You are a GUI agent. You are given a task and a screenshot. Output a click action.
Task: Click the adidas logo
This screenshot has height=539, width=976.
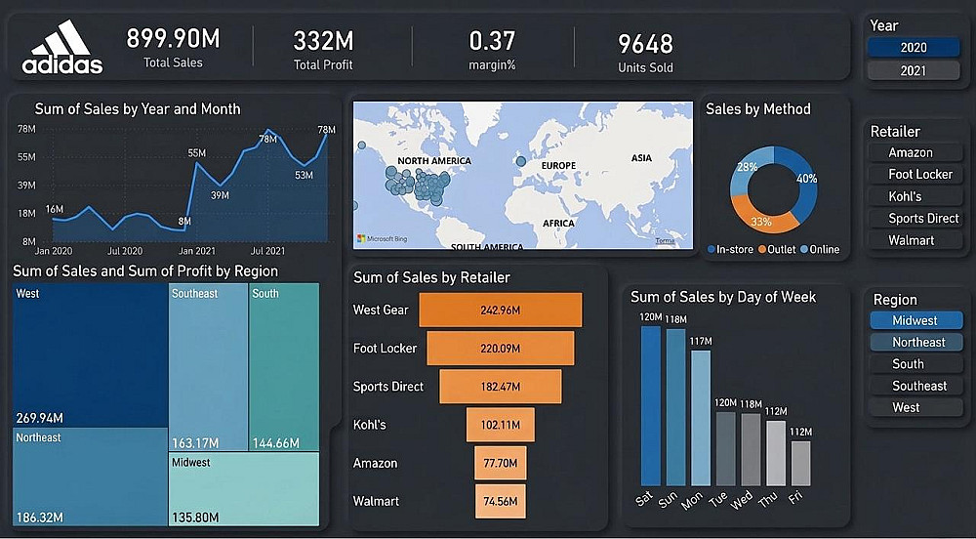pyautogui.click(x=61, y=48)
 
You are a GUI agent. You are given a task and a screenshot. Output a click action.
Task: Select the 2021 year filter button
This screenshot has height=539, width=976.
pyautogui.click(x=913, y=70)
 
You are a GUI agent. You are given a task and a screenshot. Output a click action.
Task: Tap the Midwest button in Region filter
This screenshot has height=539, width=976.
pyautogui.click(x=915, y=320)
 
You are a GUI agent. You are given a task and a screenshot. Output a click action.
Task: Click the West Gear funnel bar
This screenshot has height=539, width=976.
pyautogui.click(x=501, y=311)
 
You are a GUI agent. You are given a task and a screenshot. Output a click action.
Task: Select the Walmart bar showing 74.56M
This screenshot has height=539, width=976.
pyautogui.click(x=501, y=501)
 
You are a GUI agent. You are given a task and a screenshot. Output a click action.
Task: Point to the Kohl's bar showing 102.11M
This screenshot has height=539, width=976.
pyautogui.click(x=501, y=425)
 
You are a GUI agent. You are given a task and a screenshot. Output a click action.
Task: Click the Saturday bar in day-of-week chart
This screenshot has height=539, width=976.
pyautogui.click(x=651, y=405)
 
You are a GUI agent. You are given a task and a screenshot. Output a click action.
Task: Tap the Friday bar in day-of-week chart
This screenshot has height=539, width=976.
pyautogui.click(x=800, y=463)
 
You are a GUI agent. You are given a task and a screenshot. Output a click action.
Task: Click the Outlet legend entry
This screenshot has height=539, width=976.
pyautogui.click(x=779, y=249)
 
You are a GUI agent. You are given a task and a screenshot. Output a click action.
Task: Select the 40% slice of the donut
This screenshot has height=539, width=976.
pyautogui.click(x=803, y=181)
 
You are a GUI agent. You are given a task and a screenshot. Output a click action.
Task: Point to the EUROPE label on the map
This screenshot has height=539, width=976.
pyautogui.click(x=559, y=166)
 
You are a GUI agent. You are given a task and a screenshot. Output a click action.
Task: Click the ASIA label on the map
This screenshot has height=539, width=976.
pyautogui.click(x=641, y=158)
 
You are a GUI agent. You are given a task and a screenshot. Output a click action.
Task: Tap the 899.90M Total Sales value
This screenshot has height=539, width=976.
pyautogui.click(x=173, y=39)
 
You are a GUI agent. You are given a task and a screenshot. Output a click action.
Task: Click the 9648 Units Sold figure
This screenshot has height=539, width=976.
pyautogui.click(x=645, y=44)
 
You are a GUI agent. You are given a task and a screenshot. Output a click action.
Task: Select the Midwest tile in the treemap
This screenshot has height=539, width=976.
pyautogui.click(x=243, y=488)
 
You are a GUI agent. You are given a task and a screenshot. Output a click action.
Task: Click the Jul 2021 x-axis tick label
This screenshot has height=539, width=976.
pyautogui.click(x=268, y=251)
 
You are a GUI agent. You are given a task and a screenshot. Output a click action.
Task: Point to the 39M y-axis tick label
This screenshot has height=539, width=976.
pyautogui.click(x=26, y=185)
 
